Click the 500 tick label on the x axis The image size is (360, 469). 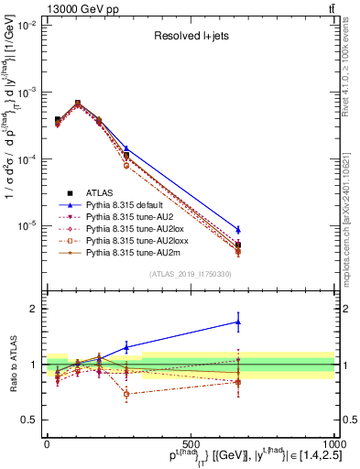tap(191, 443)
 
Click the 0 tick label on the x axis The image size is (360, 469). tap(47, 443)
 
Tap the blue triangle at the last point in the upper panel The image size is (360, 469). tap(238, 230)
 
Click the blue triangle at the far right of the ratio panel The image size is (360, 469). tap(238, 322)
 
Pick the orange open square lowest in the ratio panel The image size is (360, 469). tap(126, 394)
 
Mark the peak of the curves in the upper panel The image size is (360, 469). tap(78, 104)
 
